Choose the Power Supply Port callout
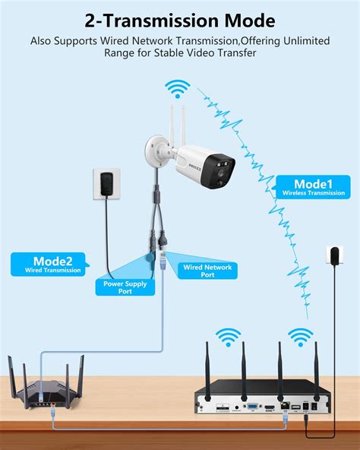[x=124, y=287]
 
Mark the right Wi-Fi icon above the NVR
[x=300, y=334]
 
